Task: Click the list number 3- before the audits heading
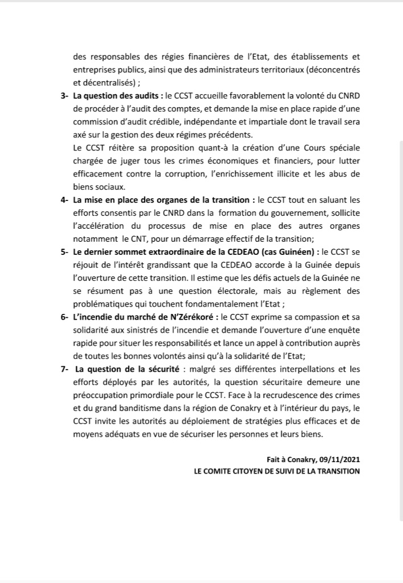(64, 97)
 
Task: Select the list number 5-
(64, 251)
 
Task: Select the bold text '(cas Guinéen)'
(287, 251)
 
